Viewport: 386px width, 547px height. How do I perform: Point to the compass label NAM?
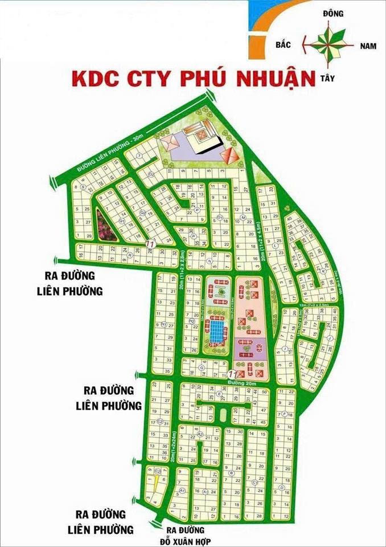[368, 46]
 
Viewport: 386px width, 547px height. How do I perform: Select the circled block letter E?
[220, 394]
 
